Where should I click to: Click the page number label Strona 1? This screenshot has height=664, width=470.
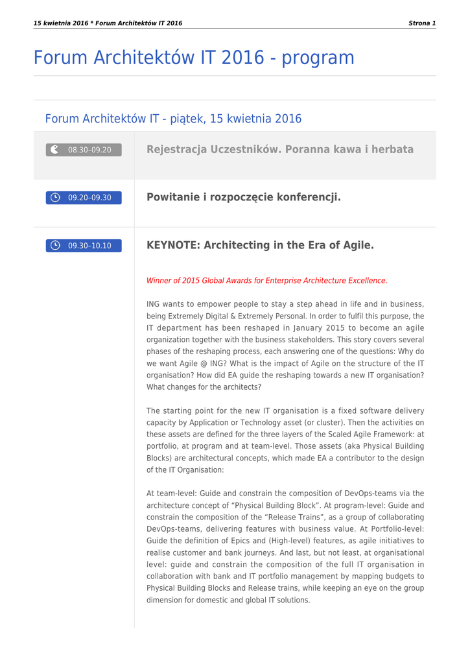pos(422,23)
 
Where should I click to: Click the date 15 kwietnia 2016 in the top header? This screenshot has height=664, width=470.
pos(61,23)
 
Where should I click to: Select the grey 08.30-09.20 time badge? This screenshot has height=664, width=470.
pos(84,150)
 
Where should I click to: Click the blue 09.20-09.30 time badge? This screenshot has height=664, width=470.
pos(84,198)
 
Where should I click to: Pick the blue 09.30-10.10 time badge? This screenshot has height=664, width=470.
pos(84,246)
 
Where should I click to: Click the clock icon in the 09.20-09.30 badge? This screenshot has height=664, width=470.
pos(56,197)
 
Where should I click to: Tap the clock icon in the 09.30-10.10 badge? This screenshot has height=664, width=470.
pos(56,245)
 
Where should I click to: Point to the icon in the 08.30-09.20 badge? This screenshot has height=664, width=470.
pos(55,149)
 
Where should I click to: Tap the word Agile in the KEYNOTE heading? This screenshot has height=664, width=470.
pos(357,245)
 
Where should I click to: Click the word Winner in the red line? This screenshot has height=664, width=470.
pos(159,281)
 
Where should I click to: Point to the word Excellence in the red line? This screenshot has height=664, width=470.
pos(365,281)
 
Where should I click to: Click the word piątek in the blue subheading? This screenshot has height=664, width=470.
pos(186,119)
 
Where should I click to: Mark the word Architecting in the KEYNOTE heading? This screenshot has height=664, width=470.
pos(237,245)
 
